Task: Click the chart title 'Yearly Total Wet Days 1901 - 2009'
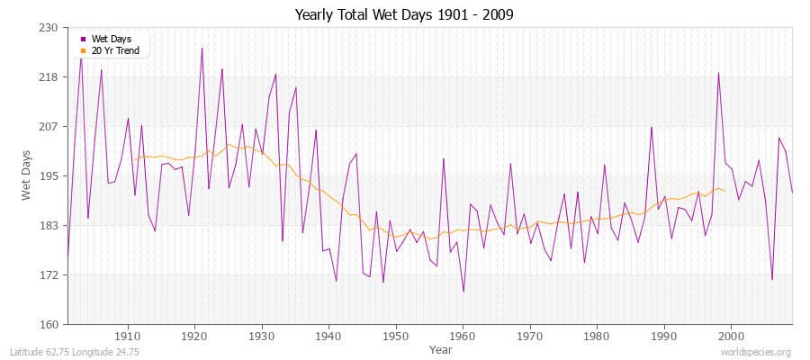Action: (x=404, y=15)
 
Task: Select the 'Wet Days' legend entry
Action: (x=111, y=39)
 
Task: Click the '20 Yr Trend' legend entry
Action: (x=115, y=50)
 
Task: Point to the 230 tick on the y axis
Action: (x=49, y=28)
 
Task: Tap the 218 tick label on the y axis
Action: (x=49, y=77)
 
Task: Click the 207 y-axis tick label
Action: (x=49, y=127)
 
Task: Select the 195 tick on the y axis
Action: (x=49, y=176)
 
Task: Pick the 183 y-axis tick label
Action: (x=49, y=226)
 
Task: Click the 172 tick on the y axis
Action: (x=49, y=275)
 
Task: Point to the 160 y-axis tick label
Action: (x=49, y=325)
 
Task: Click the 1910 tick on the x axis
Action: (x=128, y=336)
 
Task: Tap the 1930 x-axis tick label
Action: (x=262, y=336)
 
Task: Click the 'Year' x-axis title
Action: (x=441, y=349)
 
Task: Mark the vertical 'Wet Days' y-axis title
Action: (x=28, y=176)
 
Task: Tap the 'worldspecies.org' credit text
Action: (x=755, y=352)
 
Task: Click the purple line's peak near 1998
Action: (x=718, y=73)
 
